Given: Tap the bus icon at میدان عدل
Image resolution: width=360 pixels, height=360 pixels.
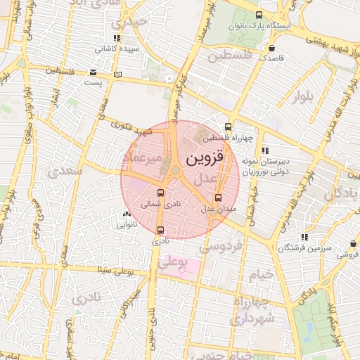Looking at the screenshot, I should [x=218, y=198].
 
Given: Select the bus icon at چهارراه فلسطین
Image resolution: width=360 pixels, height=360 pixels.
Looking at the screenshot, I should [x=226, y=127].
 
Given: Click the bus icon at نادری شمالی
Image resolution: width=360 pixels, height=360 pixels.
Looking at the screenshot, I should [x=161, y=193].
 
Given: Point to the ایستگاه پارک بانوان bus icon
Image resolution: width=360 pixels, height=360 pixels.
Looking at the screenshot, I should [x=259, y=15].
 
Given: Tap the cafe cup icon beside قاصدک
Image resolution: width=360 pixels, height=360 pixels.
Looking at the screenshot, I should [x=271, y=48].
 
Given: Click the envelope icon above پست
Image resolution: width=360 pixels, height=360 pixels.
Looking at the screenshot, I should [x=93, y=72].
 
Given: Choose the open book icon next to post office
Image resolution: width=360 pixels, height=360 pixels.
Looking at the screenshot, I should [x=117, y=74].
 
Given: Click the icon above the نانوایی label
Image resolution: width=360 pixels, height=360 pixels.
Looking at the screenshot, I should [x=127, y=214].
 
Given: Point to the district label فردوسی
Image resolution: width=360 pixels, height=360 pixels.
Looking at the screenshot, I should [x=221, y=246].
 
